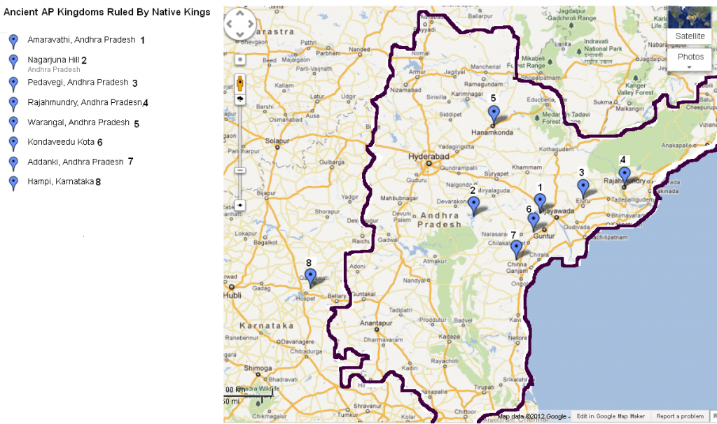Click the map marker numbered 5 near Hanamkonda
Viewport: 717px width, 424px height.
coord(494,114)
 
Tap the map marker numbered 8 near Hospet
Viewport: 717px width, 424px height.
coord(310,276)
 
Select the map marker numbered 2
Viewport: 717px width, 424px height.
coord(473,205)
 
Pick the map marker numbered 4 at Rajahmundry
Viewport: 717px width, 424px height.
coord(624,175)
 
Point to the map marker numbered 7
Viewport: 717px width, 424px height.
coord(517,248)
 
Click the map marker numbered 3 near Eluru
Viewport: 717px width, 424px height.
coord(583,188)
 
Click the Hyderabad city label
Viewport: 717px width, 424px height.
coord(429,157)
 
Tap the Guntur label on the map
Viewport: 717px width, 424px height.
coord(544,236)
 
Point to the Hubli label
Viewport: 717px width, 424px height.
coord(232,295)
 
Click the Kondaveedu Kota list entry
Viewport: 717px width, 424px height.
coord(61,142)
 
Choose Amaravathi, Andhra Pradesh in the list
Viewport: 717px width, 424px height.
coord(81,40)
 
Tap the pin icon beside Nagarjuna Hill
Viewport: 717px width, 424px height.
coord(13,62)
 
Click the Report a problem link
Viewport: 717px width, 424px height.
coord(680,416)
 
